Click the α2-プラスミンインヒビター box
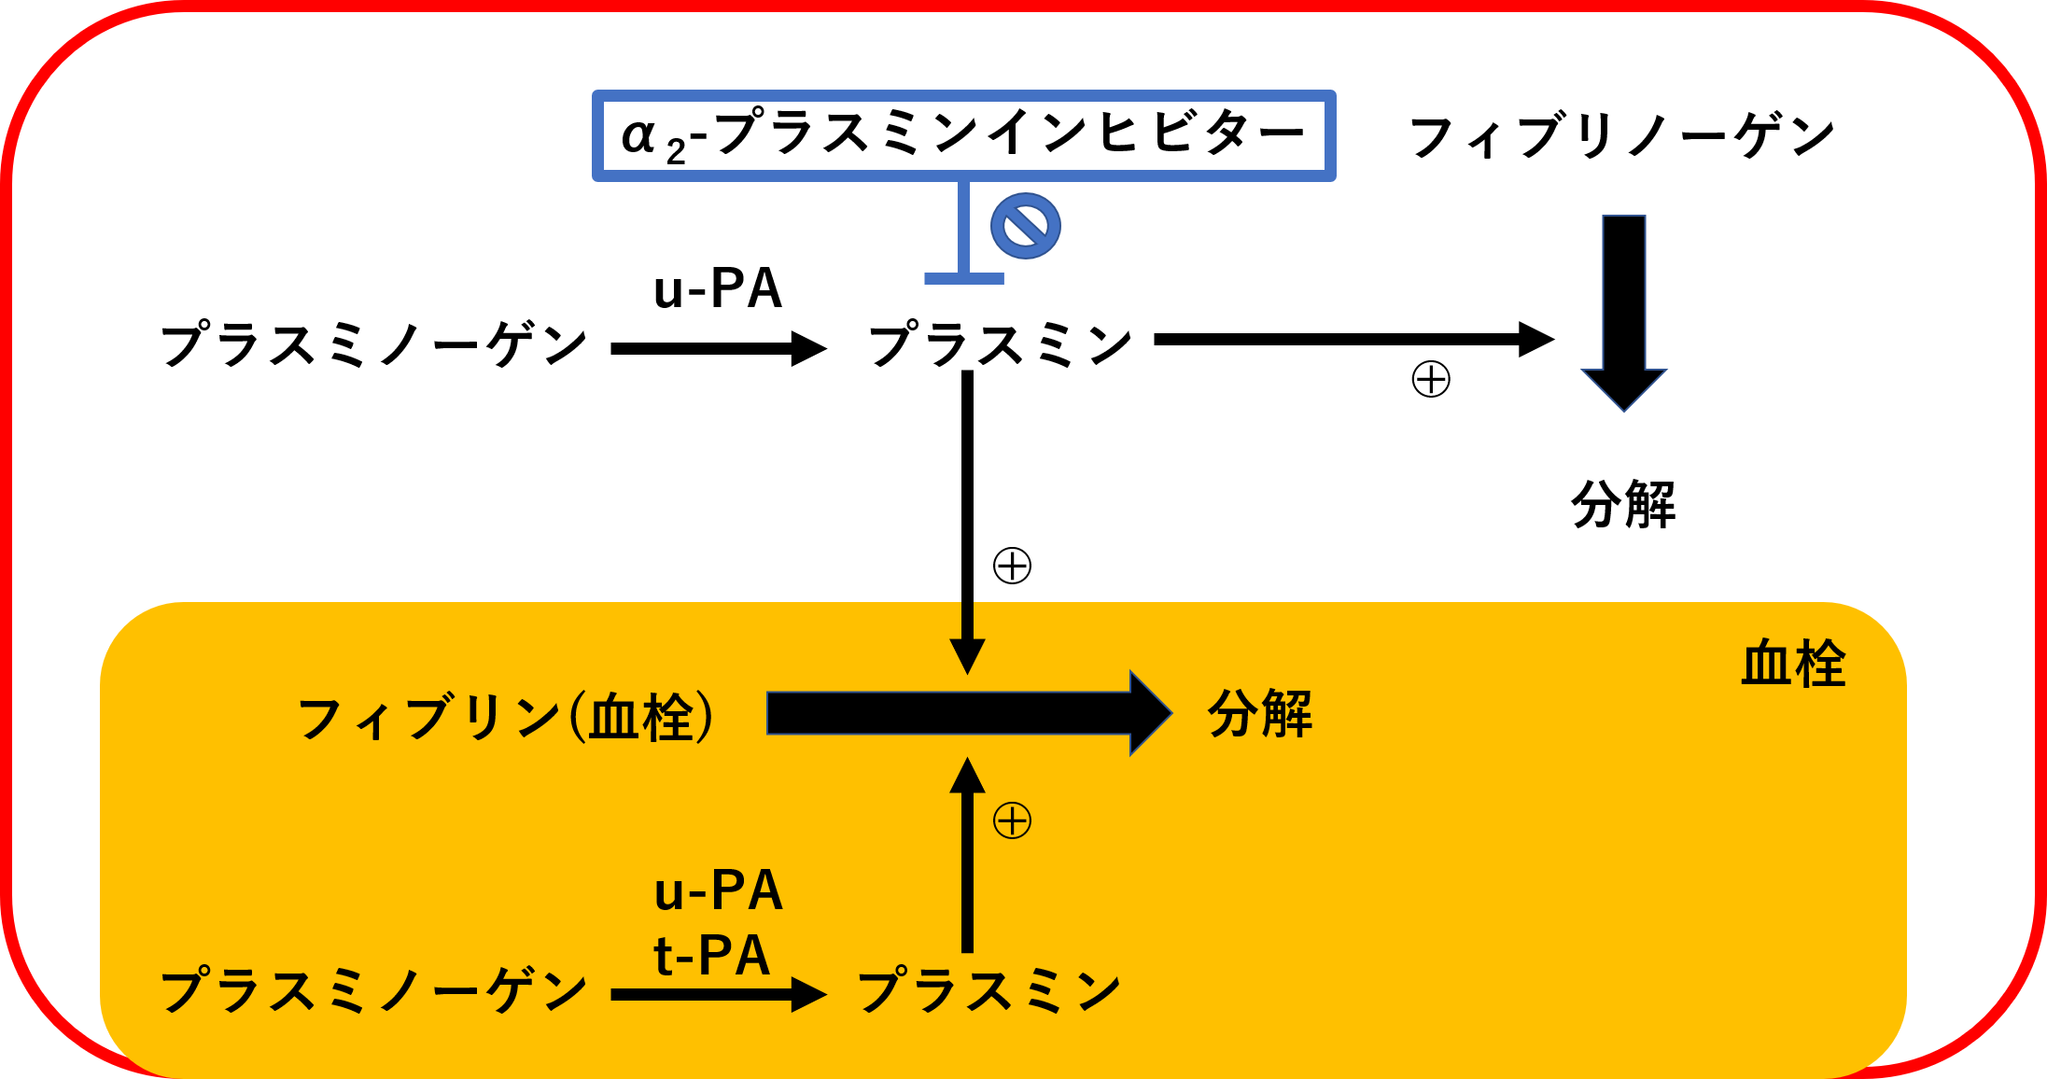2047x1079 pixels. click(x=963, y=135)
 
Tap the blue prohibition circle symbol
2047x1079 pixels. click(x=1025, y=226)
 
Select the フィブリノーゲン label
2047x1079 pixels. click(x=1622, y=137)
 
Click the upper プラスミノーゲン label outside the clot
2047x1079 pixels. click(x=373, y=345)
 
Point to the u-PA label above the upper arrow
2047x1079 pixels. click(x=717, y=288)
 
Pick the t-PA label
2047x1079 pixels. click(x=712, y=956)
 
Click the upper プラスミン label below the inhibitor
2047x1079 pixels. click(x=1000, y=345)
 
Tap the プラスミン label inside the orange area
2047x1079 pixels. click(x=988, y=991)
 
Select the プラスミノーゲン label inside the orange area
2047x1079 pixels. click(x=373, y=991)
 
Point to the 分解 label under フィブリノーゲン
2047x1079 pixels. click(x=1623, y=505)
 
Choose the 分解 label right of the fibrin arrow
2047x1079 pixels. click(x=1260, y=714)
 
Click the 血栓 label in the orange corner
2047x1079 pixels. click(x=1793, y=665)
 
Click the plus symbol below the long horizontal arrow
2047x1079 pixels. click(x=1431, y=380)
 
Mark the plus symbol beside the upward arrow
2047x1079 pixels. click(x=1012, y=821)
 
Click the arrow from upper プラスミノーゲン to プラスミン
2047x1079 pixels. click(x=718, y=349)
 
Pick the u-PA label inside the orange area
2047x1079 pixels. click(x=718, y=891)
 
